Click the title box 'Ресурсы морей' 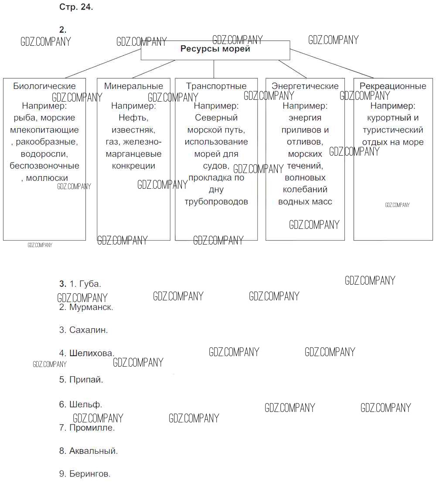[215, 50]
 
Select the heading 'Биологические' [44, 86]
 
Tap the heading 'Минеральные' [133, 86]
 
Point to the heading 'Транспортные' [216, 86]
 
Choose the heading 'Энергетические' [305, 86]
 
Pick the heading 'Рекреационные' [393, 86]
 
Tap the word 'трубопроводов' [216, 202]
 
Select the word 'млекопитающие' [44, 130]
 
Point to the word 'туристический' [393, 130]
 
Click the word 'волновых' [305, 178]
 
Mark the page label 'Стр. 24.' [76, 7]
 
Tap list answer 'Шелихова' [92, 353]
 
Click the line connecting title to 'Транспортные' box [214, 69]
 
